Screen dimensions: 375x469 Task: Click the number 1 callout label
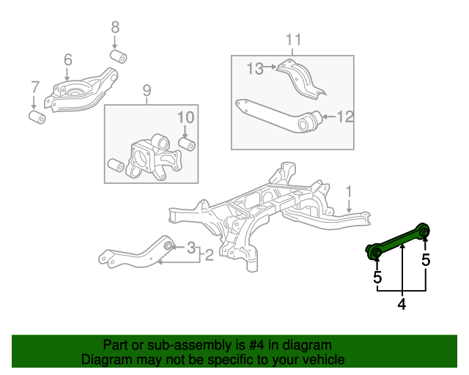350,192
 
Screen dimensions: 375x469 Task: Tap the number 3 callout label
191,247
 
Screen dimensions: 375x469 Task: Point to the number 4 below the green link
402,303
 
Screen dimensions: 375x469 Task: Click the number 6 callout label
67,60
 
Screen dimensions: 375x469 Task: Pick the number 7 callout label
34,88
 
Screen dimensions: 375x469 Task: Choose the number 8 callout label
115,28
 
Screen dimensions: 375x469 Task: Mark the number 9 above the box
146,91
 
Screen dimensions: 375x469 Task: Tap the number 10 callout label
185,117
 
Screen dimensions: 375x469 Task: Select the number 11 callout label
293,40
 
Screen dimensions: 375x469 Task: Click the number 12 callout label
345,116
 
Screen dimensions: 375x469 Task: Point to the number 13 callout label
255,69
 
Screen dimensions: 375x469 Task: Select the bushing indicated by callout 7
36,116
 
